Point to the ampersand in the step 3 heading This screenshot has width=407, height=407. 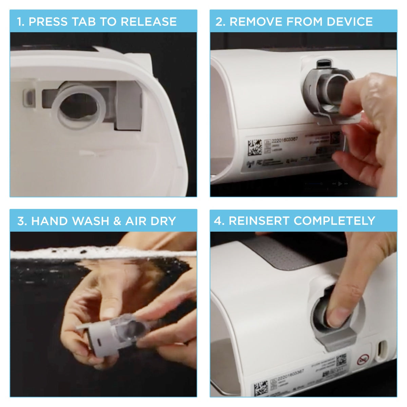point(117,221)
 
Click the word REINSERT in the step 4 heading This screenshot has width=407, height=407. point(259,221)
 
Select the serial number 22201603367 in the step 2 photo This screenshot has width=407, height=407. point(285,139)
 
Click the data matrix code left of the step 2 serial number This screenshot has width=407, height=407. point(255,147)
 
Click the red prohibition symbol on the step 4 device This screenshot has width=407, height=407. point(363,359)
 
